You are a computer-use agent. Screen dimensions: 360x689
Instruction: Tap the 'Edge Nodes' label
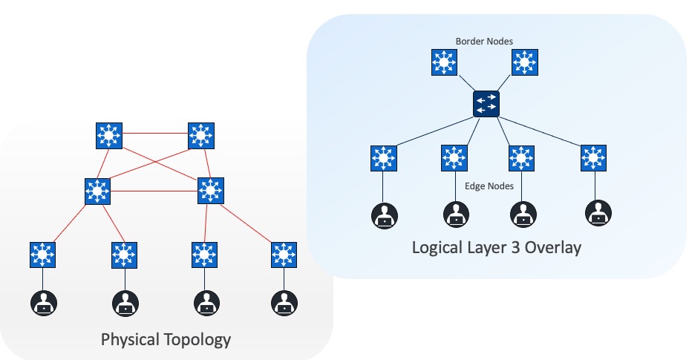click(x=488, y=186)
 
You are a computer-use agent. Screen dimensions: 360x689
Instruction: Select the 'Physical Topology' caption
click(x=166, y=340)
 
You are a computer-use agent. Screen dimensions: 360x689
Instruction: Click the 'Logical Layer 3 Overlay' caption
click(x=496, y=247)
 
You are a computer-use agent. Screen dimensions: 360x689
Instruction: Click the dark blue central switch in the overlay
click(x=486, y=103)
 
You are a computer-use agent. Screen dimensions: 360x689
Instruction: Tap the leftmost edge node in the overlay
click(x=383, y=158)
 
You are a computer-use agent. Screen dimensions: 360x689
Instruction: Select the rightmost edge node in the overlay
click(x=592, y=158)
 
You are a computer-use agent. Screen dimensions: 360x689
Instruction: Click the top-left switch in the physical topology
click(x=110, y=135)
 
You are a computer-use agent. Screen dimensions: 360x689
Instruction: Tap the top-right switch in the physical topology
click(x=200, y=135)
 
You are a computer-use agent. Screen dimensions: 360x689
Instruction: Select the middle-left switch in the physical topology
click(x=97, y=192)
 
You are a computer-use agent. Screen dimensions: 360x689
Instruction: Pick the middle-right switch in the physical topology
click(x=211, y=192)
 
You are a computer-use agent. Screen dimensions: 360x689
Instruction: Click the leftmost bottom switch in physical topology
click(x=44, y=255)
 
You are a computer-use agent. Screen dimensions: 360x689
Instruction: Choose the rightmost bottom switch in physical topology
click(x=283, y=255)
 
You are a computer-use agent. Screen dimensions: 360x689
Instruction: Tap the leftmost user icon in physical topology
click(x=44, y=303)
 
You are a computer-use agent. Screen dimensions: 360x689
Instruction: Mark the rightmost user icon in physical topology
click(x=283, y=303)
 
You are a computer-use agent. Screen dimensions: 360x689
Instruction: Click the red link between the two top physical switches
click(x=155, y=134)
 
